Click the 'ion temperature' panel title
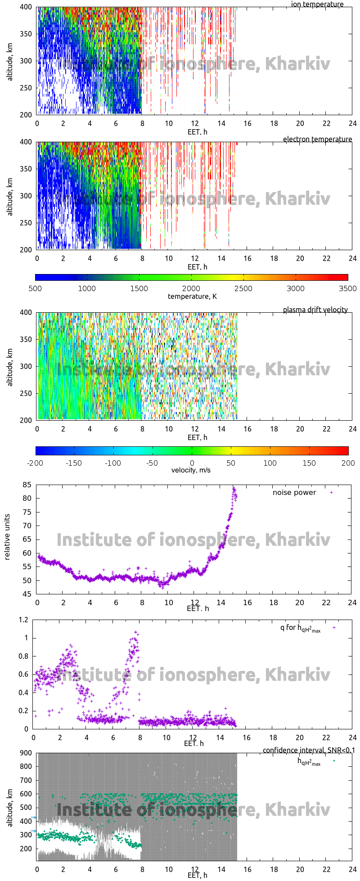[317, 4]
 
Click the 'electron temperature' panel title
[317, 139]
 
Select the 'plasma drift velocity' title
[315, 310]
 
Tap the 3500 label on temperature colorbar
[347, 288]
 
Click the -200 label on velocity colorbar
[35, 463]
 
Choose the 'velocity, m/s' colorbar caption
[191, 470]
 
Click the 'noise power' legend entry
[294, 492]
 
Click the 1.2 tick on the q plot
[23, 620]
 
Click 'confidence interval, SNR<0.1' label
[309, 750]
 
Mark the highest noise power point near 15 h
[234, 488]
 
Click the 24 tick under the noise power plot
[352, 602]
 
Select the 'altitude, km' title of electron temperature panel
[9, 196]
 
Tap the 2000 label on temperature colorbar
[191, 288]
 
